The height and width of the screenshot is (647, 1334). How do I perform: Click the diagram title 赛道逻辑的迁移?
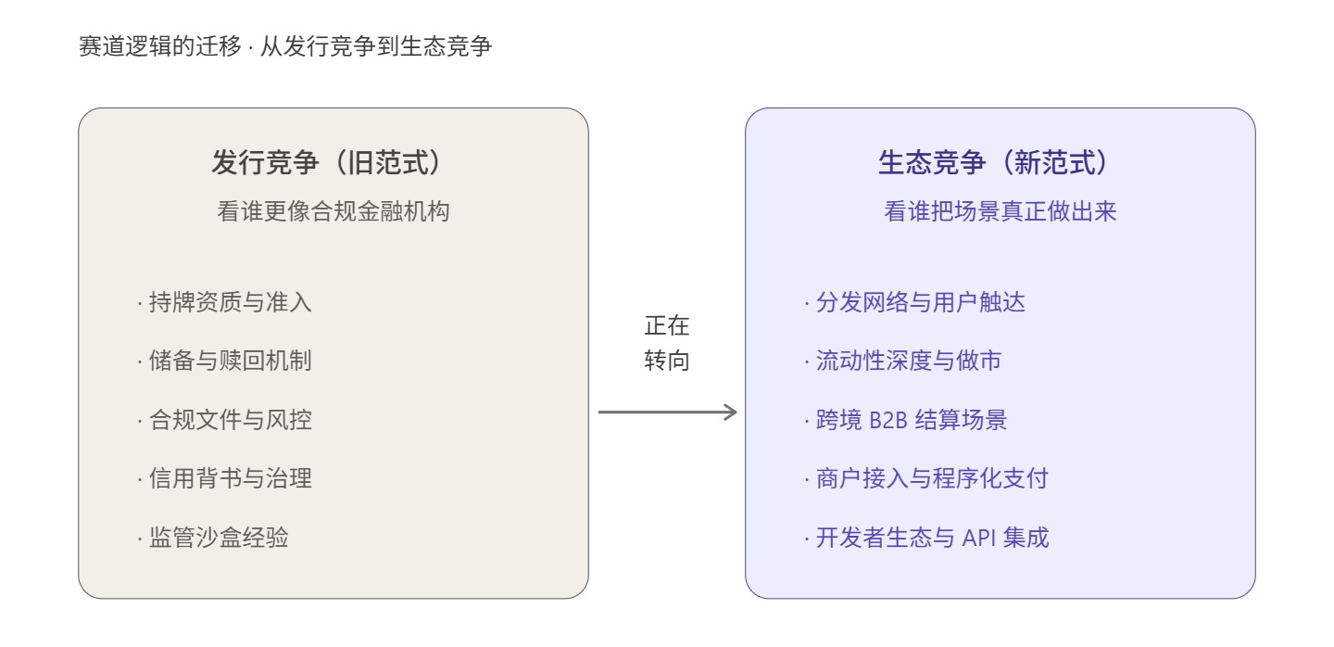click(160, 46)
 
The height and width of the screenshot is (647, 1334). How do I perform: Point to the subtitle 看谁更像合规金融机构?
click(333, 211)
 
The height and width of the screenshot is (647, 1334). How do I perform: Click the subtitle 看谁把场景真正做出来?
click(1000, 211)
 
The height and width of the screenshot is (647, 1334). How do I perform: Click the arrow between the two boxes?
click(667, 412)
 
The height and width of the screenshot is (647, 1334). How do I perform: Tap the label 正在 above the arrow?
click(667, 327)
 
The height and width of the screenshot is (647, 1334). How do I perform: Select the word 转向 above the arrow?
click(667, 362)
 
